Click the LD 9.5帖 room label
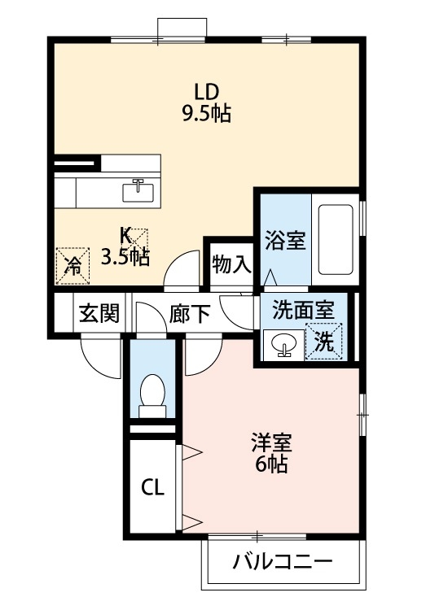point(205,102)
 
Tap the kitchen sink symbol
point(138,190)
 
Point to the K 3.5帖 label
point(125,247)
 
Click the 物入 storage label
point(231,264)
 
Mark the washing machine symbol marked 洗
point(324,342)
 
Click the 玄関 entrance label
point(99,314)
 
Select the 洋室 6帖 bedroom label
point(270,454)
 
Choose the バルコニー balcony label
point(281,562)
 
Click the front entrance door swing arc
point(98,356)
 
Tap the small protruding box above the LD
point(181,27)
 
